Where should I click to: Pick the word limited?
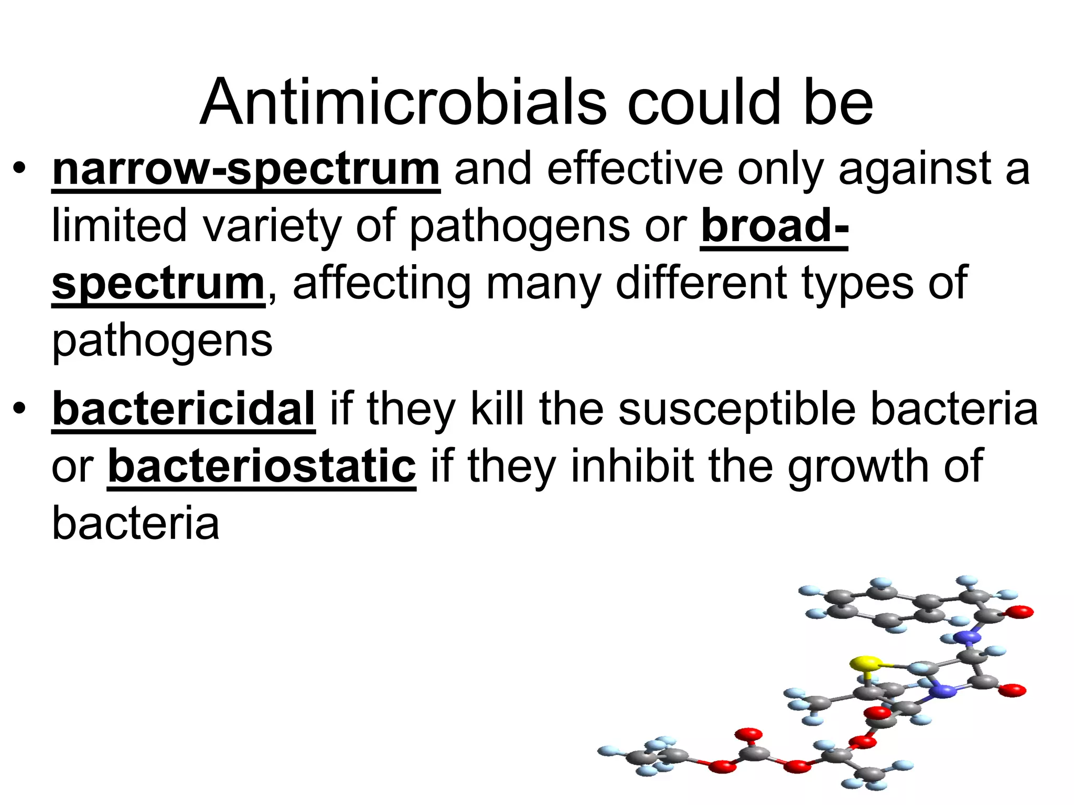pos(119,226)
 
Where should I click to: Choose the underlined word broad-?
pos(775,226)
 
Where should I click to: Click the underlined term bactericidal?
pos(184,409)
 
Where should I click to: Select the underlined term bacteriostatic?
pos(262,466)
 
